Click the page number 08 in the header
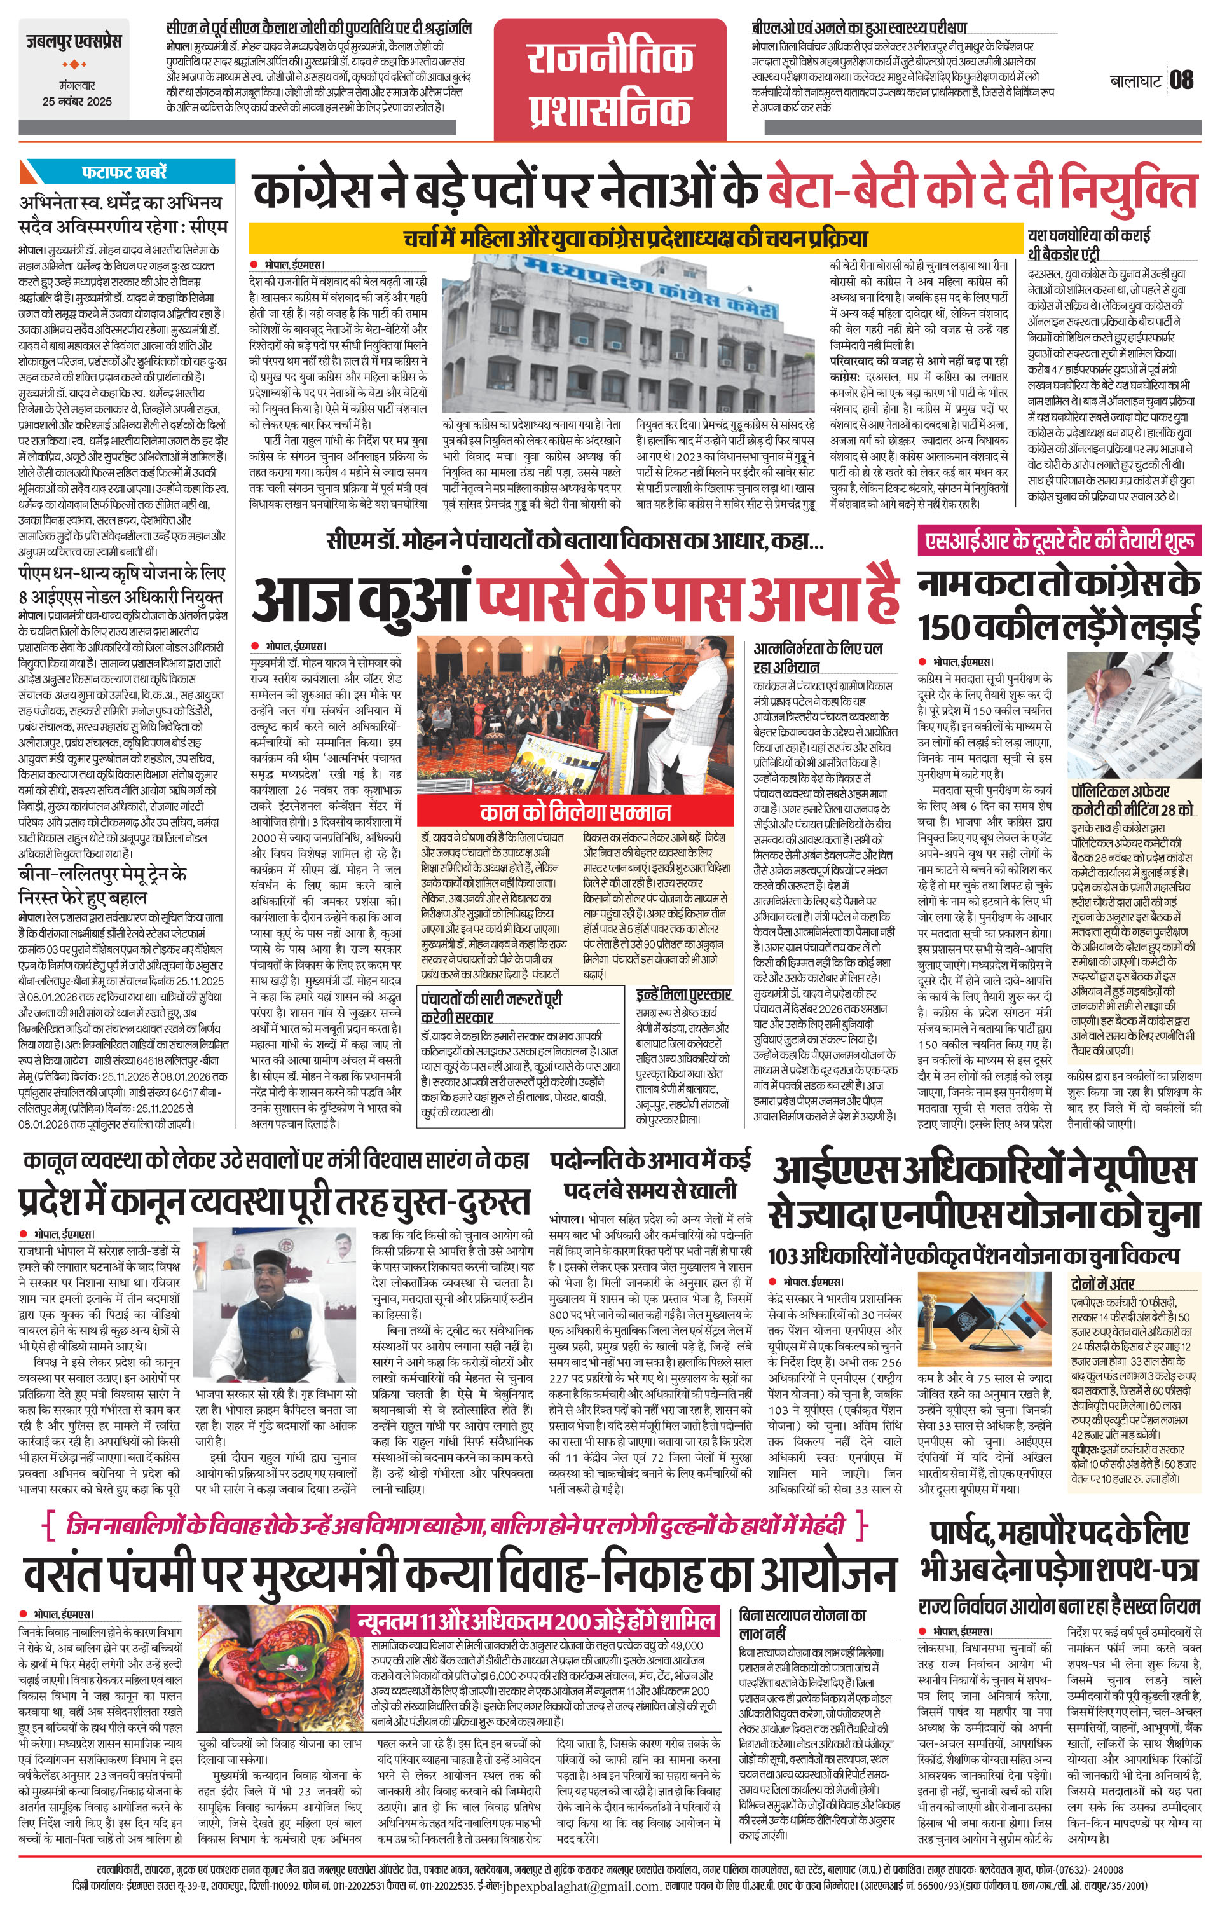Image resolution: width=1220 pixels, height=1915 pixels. [x=1182, y=80]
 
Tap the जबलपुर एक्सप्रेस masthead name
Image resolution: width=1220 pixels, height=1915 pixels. [x=73, y=42]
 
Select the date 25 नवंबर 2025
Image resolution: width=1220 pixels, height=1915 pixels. [x=77, y=102]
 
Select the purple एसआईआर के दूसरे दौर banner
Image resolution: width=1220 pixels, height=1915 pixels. [x=1059, y=542]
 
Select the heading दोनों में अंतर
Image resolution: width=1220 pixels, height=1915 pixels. [x=1102, y=1284]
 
